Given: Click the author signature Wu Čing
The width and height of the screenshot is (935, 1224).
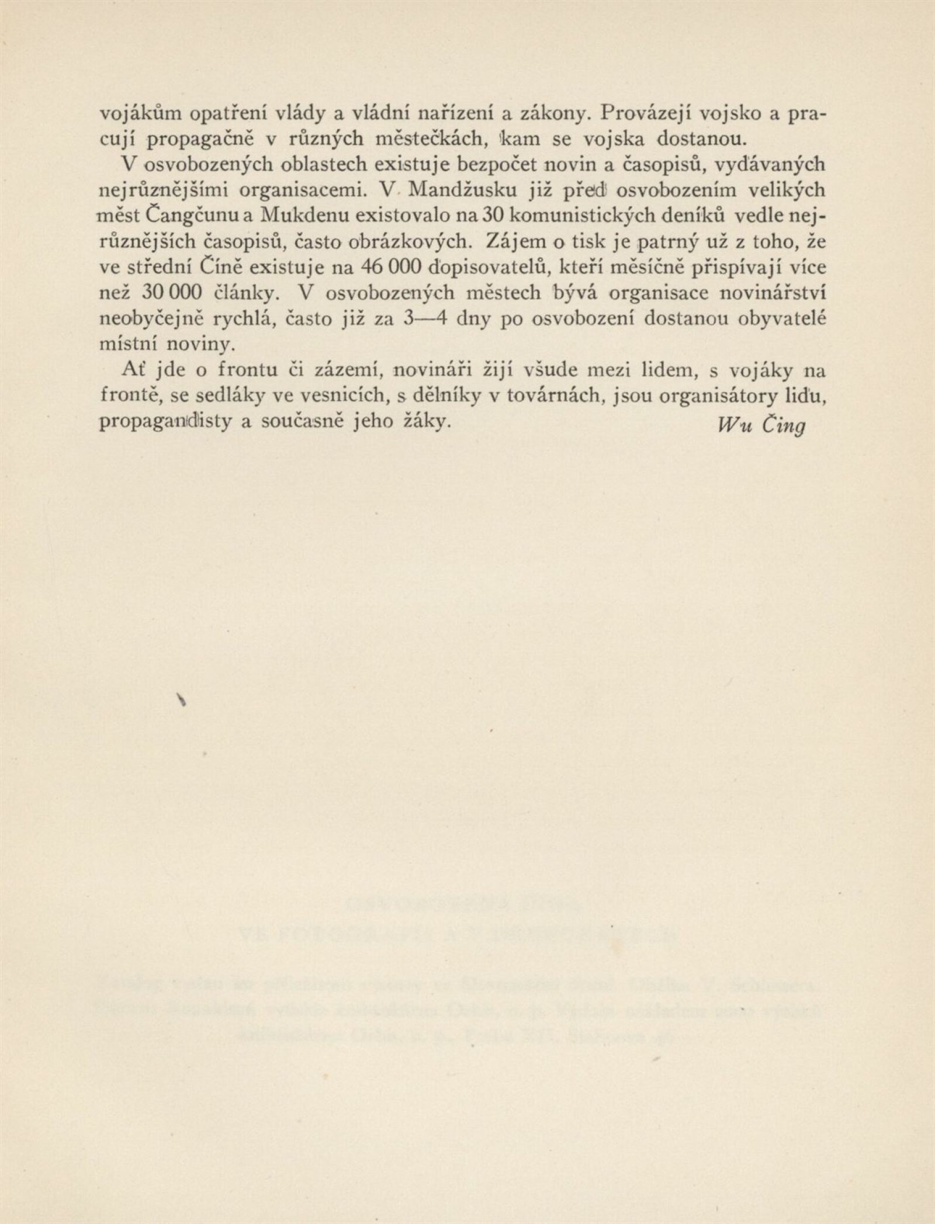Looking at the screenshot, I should [761, 425].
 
